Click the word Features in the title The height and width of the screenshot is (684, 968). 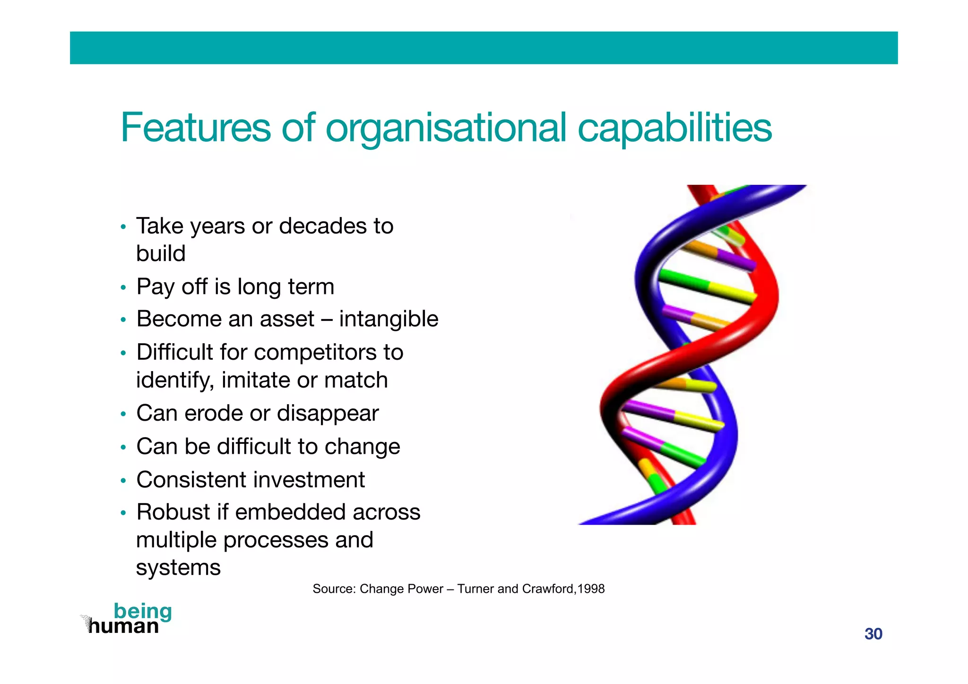(195, 128)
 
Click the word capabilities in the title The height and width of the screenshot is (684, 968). (674, 129)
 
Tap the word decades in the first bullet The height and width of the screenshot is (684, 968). (323, 226)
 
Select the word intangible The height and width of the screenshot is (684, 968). (389, 319)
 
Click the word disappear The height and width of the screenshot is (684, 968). (328, 414)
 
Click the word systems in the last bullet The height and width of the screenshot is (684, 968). (178, 568)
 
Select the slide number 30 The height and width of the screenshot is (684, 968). (873, 634)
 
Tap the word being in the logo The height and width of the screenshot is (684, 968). (143, 612)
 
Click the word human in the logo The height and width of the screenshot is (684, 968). (123, 627)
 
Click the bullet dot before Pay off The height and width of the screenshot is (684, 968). (123, 288)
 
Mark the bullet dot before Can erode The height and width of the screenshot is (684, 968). (123, 415)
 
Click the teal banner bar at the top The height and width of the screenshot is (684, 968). (484, 48)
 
